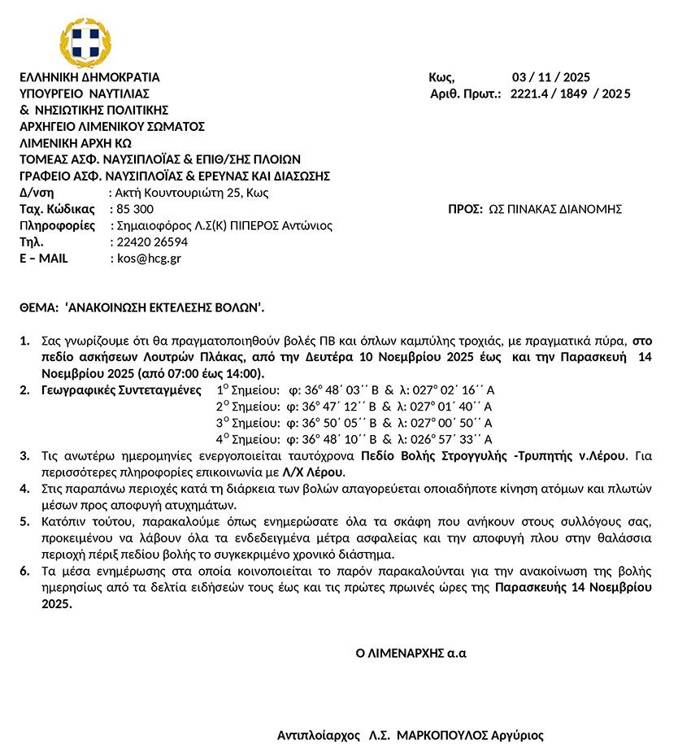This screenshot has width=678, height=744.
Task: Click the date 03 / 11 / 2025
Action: click(x=550, y=78)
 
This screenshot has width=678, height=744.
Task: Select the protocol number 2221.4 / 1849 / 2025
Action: click(x=570, y=94)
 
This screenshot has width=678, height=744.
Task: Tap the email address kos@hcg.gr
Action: click(x=146, y=259)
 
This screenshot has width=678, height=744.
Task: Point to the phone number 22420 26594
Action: click(x=149, y=242)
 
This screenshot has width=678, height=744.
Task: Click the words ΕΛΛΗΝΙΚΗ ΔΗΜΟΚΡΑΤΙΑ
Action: click(x=89, y=78)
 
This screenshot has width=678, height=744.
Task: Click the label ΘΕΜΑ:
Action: click(x=37, y=308)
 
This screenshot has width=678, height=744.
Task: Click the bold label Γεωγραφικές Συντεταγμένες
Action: click(x=121, y=390)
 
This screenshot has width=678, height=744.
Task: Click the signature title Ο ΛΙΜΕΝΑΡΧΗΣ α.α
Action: click(x=411, y=652)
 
